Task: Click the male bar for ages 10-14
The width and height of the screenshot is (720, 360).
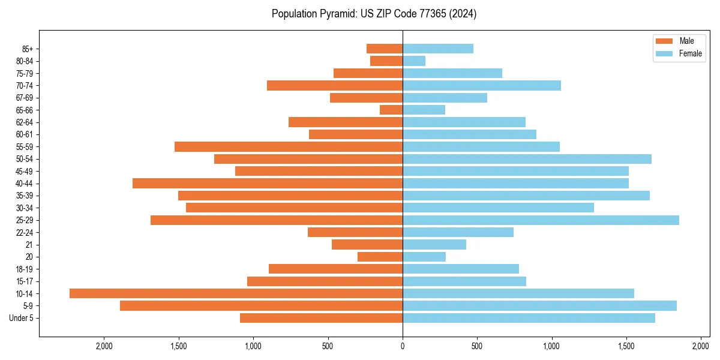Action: coord(236,293)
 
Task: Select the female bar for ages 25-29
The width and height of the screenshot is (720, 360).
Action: coord(541,220)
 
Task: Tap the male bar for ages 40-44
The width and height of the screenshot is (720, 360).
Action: coord(268,183)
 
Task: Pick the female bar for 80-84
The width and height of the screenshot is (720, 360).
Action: coord(414,61)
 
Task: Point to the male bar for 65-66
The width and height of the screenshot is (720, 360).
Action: coord(391,110)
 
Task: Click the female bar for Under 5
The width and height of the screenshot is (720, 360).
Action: coord(529,318)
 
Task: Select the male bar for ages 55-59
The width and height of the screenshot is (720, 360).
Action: coord(289,146)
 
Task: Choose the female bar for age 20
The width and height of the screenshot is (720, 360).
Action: coord(424,257)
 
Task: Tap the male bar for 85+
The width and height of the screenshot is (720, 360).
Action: coord(385,49)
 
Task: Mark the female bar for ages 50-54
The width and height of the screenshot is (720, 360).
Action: coord(527,159)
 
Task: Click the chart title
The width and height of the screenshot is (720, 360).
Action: coord(374,14)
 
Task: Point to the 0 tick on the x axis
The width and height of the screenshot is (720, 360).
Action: coord(403,347)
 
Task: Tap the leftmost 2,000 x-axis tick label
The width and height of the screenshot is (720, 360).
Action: coord(104,347)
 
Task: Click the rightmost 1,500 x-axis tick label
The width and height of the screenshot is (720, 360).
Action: coord(626,347)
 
